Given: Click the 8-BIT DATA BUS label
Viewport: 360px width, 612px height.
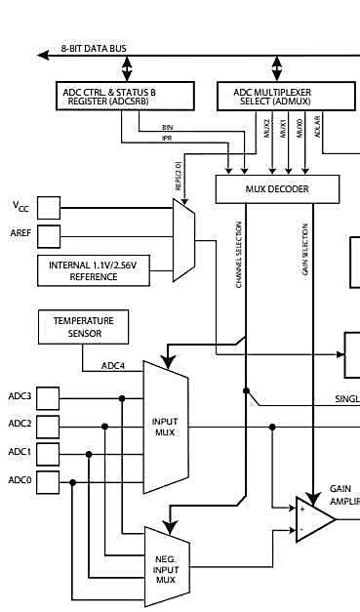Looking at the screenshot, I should pos(93,48).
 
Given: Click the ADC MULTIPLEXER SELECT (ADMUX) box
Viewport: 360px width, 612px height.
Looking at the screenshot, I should pos(278,96).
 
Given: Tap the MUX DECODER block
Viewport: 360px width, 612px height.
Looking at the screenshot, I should pos(277,189).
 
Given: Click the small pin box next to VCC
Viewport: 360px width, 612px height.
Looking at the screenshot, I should pos(48,207).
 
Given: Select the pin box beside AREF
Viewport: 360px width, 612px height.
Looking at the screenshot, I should pos(48,236).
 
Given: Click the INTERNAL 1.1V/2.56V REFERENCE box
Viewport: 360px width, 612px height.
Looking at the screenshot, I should pos(93,270).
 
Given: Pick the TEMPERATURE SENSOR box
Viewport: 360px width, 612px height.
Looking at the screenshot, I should pos(83,327).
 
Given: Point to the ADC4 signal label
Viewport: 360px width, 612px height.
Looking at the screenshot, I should pos(114,367).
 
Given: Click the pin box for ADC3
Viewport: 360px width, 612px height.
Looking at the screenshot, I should pos(48,397).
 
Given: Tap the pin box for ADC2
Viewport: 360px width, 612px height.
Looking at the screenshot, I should pos(48,425).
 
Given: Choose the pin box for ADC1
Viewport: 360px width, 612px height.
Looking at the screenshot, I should pos(48,453).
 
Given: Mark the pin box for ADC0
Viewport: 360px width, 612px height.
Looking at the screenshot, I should pos(48,480).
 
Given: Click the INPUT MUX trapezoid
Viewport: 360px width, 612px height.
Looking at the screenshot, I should pos(165,427).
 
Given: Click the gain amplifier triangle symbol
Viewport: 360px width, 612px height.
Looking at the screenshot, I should pos(313,519).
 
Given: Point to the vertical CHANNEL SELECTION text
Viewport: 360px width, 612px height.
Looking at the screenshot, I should pos(239,254).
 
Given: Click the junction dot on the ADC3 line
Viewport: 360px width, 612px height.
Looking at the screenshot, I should pos(122,398).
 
